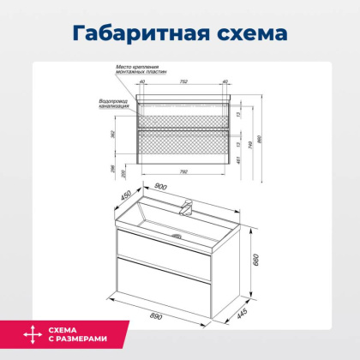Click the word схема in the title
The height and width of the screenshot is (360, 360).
tap(245, 34)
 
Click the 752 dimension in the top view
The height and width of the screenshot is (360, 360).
tap(183, 81)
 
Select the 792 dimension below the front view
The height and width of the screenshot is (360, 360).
tap(184, 172)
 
